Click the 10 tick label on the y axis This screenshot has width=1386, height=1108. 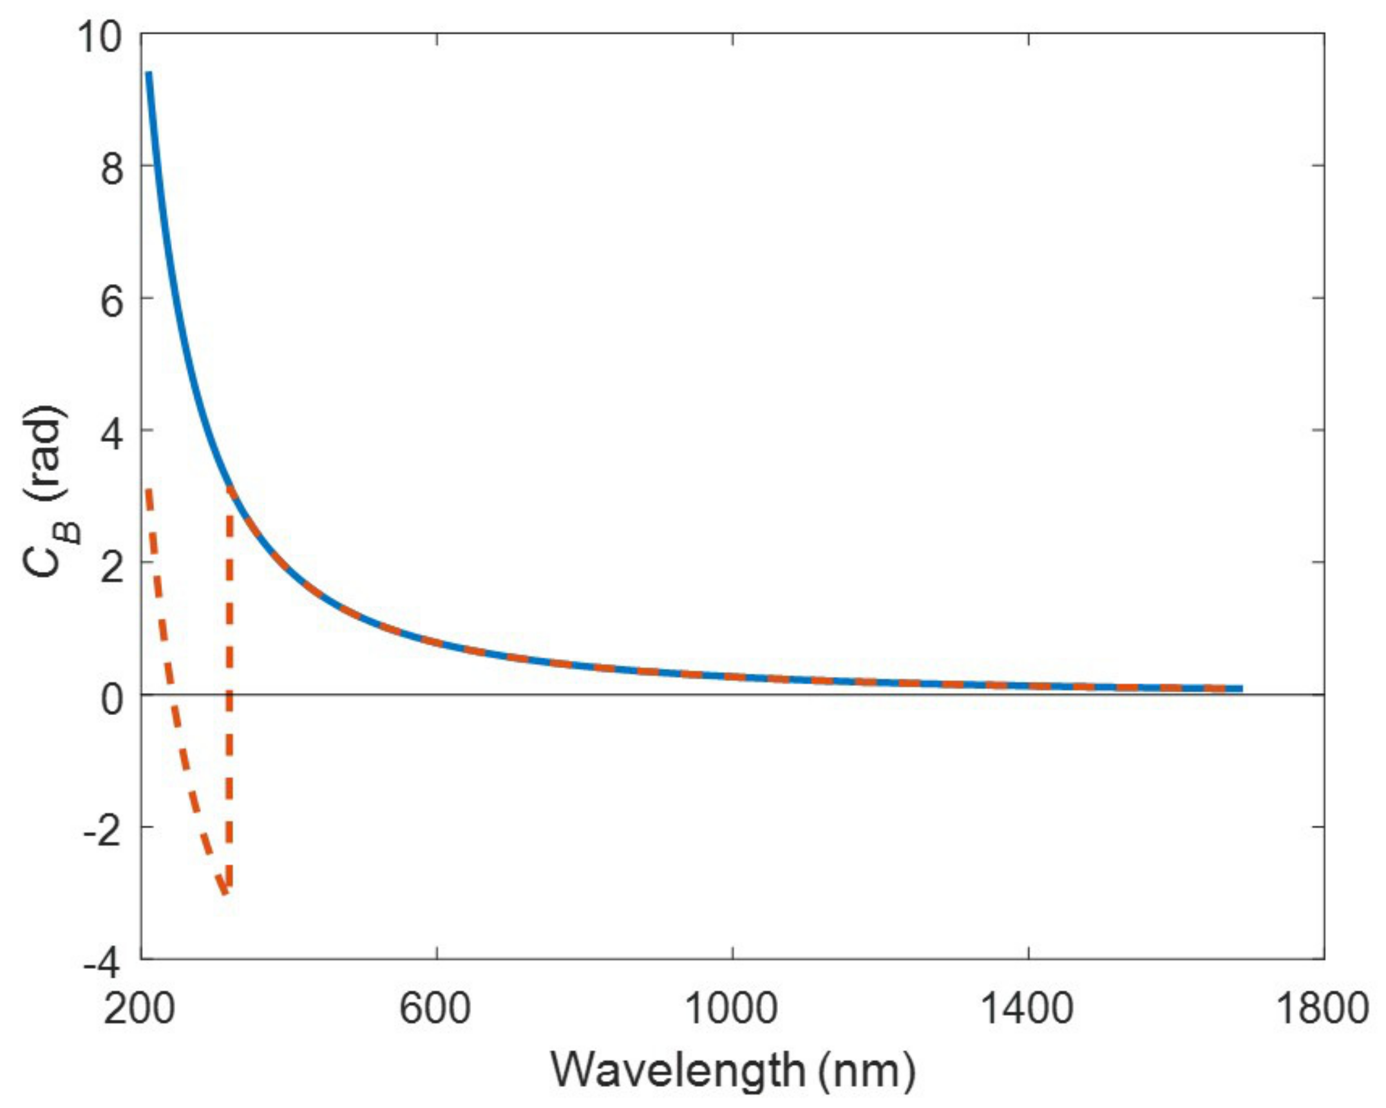(x=99, y=38)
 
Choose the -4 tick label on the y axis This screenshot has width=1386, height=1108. (x=103, y=964)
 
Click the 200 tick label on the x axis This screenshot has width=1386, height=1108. (x=139, y=1008)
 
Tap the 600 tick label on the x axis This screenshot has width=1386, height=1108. (x=435, y=1008)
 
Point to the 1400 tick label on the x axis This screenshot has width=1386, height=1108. (x=1027, y=1008)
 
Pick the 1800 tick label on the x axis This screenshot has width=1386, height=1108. (x=1322, y=1008)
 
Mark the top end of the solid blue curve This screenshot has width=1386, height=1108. (x=149, y=74)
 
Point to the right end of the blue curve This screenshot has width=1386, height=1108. (x=1240, y=689)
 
